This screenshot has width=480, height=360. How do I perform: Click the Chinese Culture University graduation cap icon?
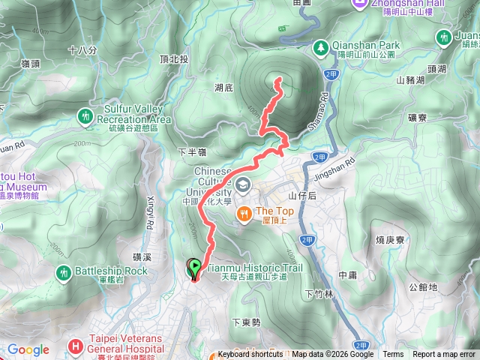click(243, 184)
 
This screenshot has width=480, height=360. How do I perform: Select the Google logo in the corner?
click(28, 349)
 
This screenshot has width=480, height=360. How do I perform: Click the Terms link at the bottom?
click(393, 355)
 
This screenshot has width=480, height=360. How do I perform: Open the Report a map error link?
click(445, 355)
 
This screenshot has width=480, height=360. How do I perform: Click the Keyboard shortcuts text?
click(251, 355)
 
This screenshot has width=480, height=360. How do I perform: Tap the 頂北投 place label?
click(196, 59)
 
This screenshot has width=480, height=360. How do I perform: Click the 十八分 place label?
click(82, 50)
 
